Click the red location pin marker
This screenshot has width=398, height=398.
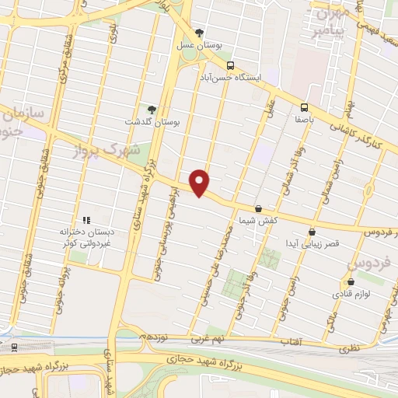pos(201,183)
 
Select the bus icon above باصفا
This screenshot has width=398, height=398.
pos(303,108)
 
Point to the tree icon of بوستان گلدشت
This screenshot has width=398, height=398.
pos(152,110)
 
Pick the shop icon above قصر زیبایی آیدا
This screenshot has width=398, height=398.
pos(312,231)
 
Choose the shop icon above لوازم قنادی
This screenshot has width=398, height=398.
pos(351,281)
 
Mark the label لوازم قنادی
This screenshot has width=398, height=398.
pos(352,295)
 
